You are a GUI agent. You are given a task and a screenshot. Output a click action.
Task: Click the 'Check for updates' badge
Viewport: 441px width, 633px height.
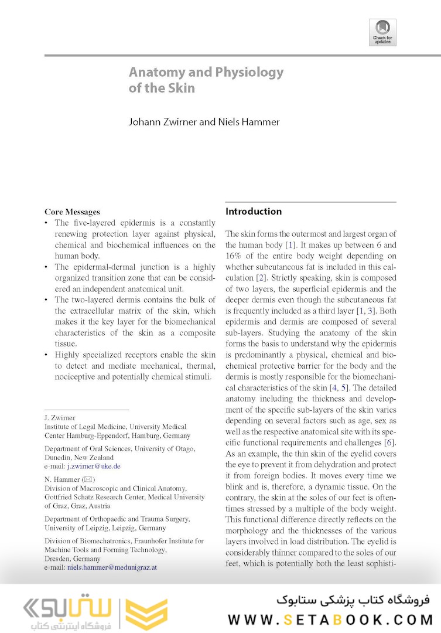(382, 32)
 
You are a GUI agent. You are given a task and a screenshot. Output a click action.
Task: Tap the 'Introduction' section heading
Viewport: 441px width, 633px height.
(253, 212)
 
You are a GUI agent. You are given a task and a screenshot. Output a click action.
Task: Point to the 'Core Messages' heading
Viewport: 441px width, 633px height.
(72, 212)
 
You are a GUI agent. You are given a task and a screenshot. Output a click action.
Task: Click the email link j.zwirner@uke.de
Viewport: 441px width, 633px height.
(94, 466)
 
